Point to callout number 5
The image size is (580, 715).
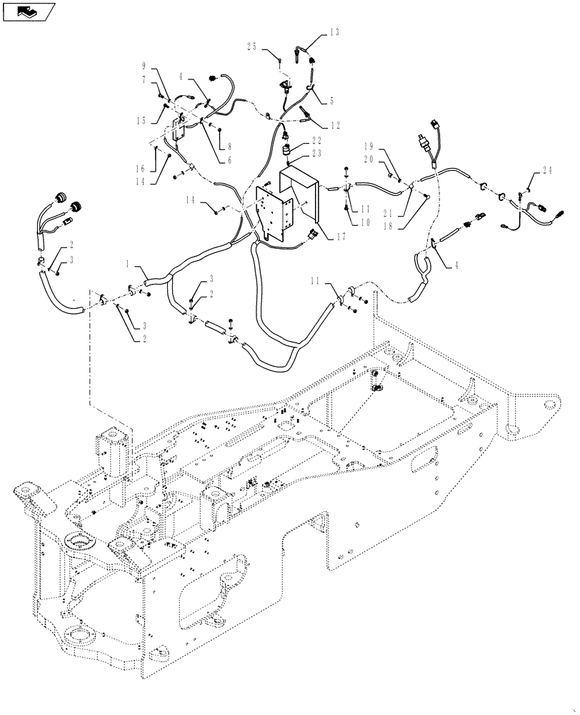tap(331, 101)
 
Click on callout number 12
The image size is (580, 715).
tap(335, 124)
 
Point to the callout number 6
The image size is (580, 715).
tap(230, 161)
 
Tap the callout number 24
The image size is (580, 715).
tap(546, 170)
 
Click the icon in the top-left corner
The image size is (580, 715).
tap(29, 11)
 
